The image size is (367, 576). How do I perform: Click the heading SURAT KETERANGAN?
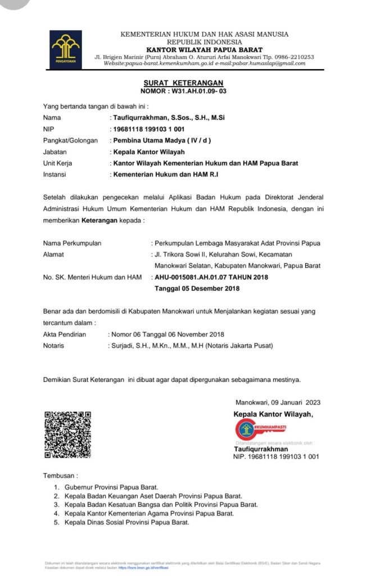(x=183, y=83)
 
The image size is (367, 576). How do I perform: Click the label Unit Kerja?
(x=58, y=163)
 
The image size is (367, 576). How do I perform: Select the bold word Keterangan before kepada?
(x=99, y=220)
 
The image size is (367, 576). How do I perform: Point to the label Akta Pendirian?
(x=65, y=334)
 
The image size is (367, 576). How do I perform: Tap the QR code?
(x=67, y=434)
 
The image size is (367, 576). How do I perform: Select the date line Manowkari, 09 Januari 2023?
(x=278, y=402)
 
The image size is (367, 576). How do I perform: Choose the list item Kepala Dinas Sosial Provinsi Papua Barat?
(x=127, y=523)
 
